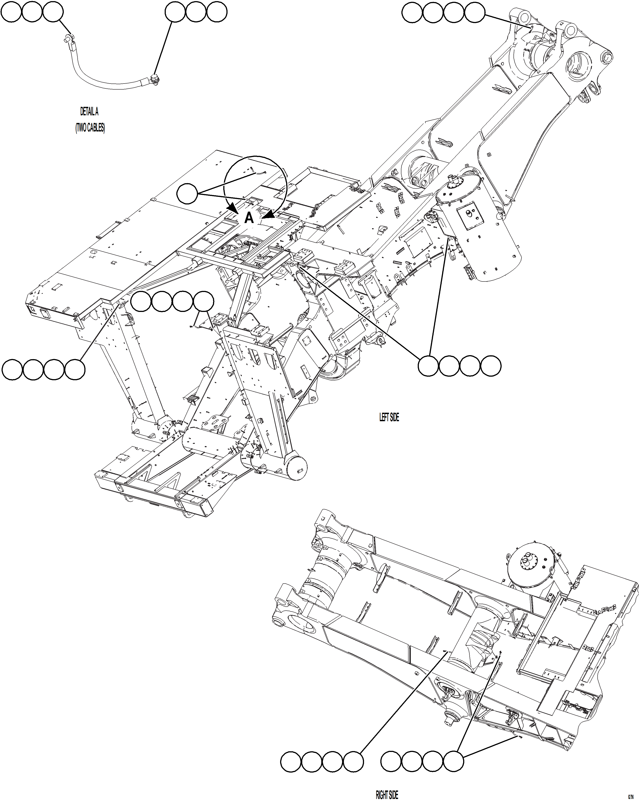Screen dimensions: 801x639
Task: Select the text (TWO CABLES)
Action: pos(90,128)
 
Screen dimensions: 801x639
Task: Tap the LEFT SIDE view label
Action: pos(389,417)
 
